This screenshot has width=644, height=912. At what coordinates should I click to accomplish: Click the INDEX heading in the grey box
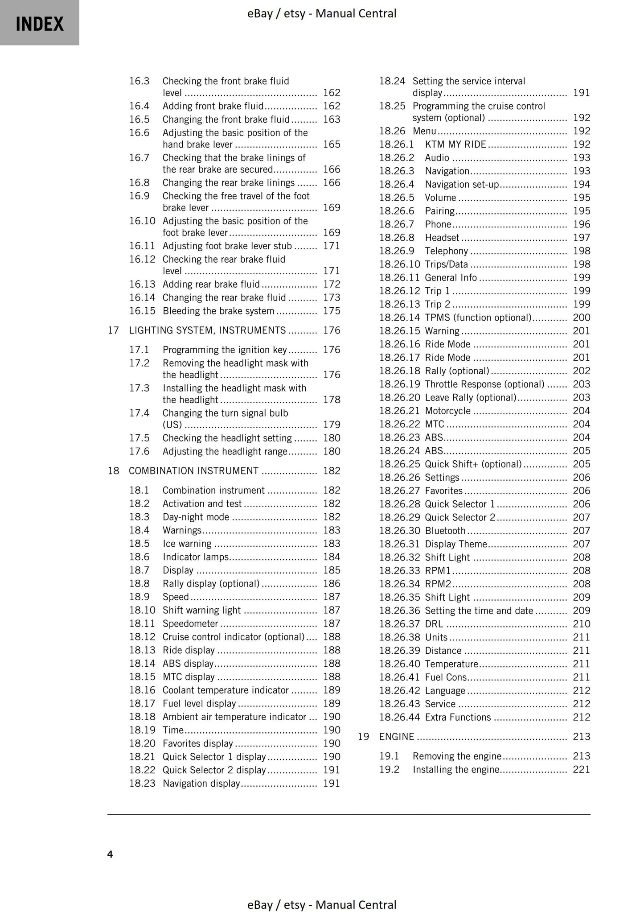[40, 24]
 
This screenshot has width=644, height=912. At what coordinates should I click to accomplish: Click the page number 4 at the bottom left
[110, 854]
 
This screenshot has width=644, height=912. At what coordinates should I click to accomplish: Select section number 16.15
[142, 311]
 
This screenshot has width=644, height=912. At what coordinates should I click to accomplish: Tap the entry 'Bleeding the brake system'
[218, 311]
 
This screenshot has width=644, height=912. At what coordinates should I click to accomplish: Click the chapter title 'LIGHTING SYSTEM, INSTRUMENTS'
[207, 330]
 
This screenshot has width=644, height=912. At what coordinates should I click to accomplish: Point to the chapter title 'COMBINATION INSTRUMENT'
[193, 471]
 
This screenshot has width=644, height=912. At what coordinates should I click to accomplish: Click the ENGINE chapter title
[397, 737]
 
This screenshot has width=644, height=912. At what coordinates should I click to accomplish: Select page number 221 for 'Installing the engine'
[581, 770]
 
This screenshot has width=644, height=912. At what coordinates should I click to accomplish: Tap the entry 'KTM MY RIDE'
[455, 144]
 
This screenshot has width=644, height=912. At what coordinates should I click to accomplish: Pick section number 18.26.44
[399, 717]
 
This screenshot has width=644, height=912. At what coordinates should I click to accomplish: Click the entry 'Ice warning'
[187, 544]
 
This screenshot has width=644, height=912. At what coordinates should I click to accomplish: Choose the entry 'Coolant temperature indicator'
[226, 690]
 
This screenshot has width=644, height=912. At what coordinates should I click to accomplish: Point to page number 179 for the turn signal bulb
[332, 425]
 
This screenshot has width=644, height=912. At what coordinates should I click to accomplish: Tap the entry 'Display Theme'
[455, 544]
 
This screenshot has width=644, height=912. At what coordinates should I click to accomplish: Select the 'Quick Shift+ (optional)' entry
[473, 464]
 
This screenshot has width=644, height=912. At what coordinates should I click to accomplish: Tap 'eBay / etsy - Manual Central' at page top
[322, 14]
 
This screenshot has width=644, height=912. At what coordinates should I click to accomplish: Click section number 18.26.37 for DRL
[399, 624]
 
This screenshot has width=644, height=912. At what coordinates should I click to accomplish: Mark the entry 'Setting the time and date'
[479, 611]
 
